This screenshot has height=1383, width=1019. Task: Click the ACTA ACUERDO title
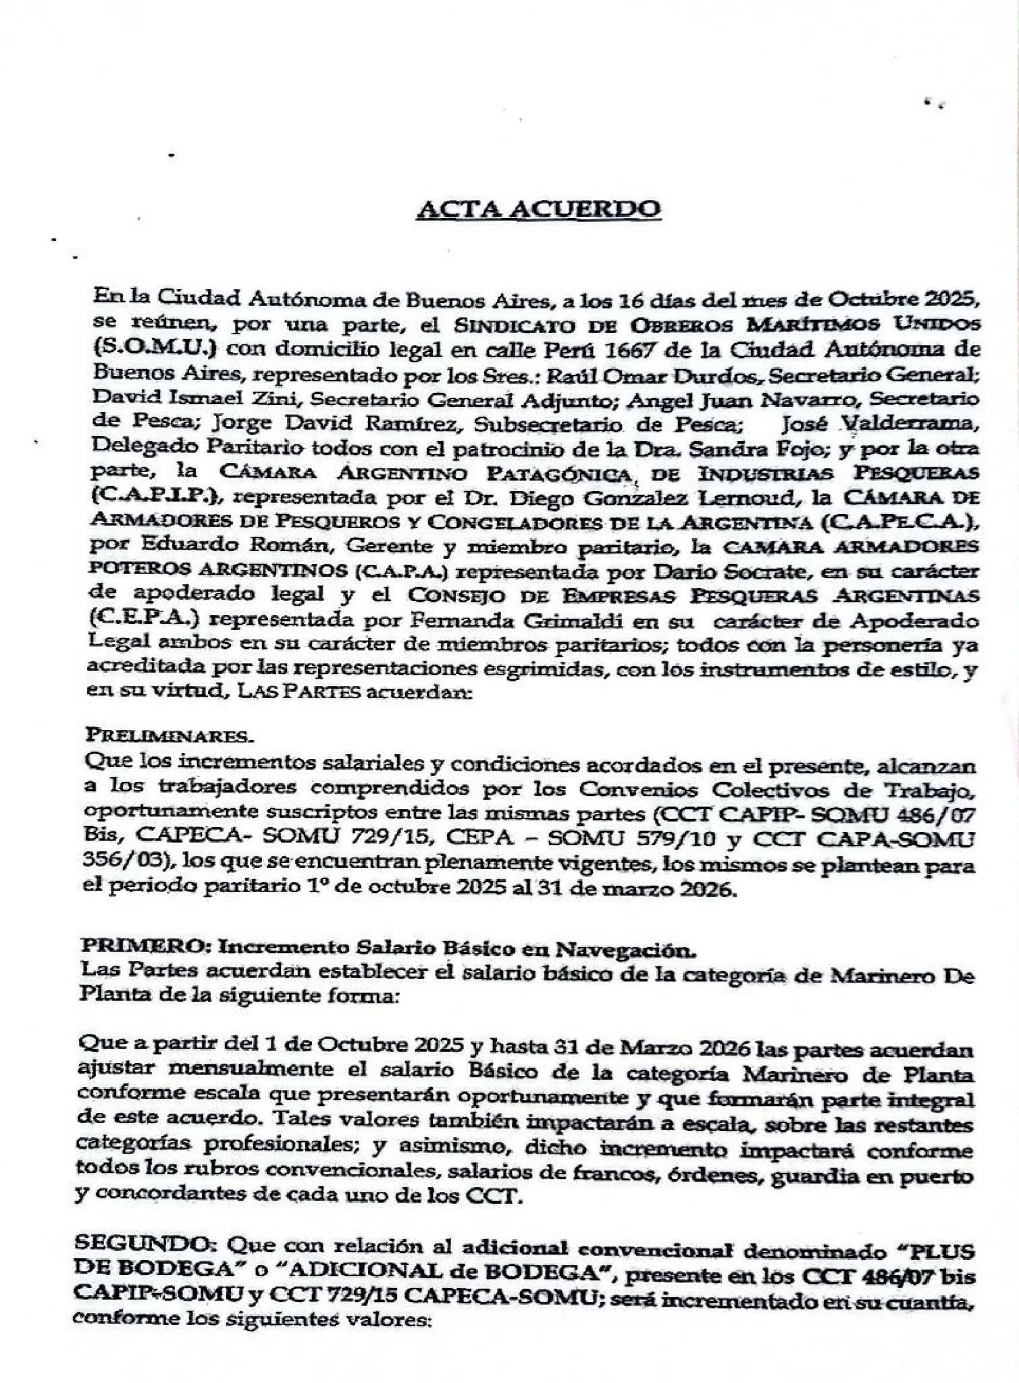coord(538,209)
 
